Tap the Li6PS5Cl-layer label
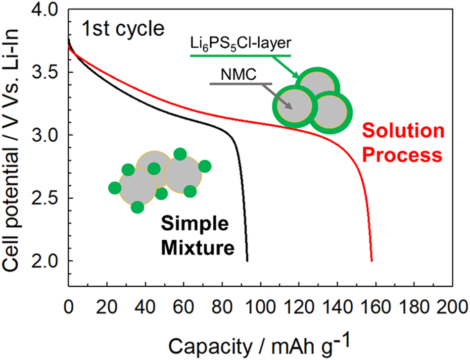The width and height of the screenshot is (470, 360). tap(240, 45)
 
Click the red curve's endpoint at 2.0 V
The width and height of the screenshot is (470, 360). tap(372, 260)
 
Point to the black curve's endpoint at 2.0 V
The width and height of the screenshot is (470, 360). tap(247, 260)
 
